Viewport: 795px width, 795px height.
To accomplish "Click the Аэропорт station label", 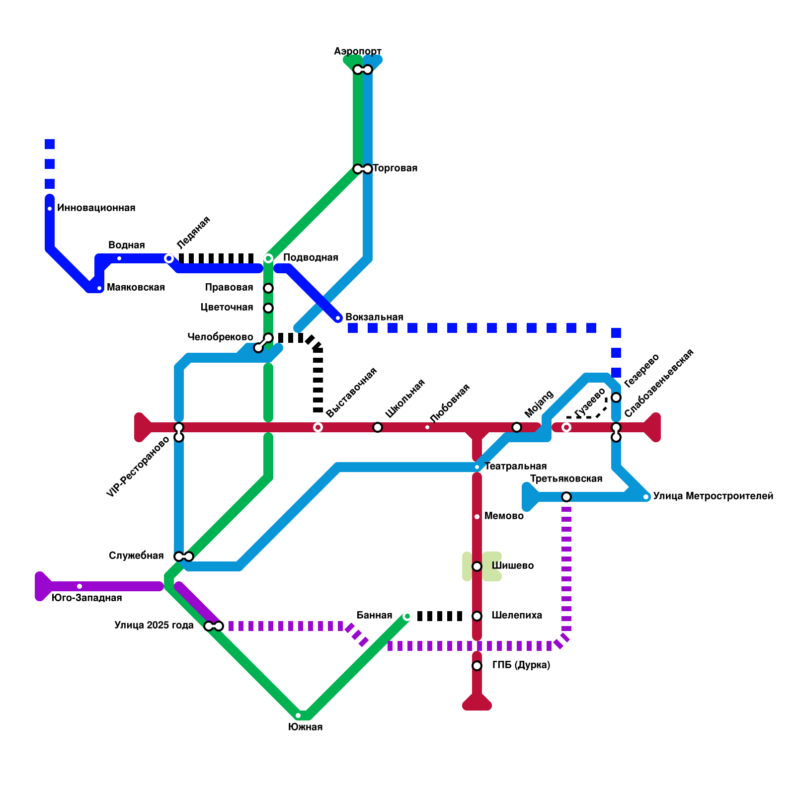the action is click(357, 52).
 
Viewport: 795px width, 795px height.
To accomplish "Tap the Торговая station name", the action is click(395, 168).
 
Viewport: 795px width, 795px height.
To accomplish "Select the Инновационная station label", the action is click(96, 208).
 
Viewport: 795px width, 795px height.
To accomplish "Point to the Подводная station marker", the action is click(268, 258).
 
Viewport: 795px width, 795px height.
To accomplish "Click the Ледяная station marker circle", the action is click(169, 258).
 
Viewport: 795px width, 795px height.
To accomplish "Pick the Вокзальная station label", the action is click(374, 318).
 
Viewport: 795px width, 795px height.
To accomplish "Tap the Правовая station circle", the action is click(268, 288).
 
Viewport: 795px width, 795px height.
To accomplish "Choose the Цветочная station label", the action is click(227, 308).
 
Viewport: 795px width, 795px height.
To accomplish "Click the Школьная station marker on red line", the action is click(378, 427).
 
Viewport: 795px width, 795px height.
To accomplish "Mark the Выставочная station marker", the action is click(318, 427).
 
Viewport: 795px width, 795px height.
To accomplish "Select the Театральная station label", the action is click(515, 467).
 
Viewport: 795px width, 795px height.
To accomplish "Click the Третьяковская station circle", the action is click(566, 497).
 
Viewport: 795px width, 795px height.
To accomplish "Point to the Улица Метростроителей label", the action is click(713, 496).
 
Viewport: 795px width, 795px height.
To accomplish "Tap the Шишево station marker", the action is click(477, 566).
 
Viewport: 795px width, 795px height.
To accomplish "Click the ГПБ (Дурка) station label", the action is click(521, 665).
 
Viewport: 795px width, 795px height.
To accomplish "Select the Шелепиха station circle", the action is click(477, 616).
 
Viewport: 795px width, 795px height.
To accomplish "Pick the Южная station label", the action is click(305, 727).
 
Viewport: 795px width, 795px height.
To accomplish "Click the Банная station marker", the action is click(407, 616).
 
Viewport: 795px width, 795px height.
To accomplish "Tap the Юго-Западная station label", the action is click(86, 598).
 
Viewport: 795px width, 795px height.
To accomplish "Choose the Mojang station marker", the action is click(517, 427).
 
